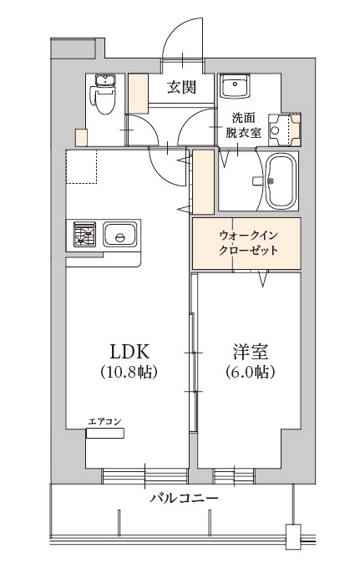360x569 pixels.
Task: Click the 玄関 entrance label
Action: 181,87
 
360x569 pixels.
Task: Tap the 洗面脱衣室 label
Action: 243,125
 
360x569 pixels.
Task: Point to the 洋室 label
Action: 249,349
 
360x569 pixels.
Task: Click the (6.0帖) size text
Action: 249,370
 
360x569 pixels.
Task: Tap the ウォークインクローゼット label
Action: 246,243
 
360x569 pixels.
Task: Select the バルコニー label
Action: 185,499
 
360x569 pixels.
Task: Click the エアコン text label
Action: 104,421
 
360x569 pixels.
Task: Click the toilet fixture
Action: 104,104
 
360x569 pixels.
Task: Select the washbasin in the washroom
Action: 235,87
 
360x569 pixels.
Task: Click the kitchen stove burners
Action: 84,235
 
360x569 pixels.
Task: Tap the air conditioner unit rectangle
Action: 104,433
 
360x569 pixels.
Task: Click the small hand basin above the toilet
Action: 104,81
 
